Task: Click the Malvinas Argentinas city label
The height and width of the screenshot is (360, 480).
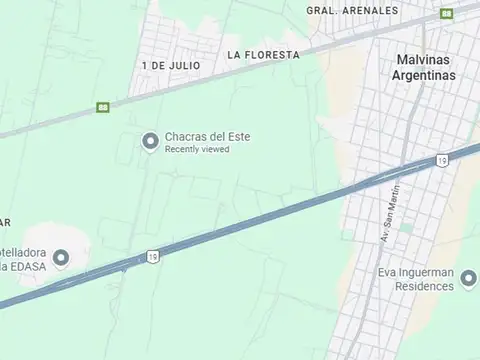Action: click(x=424, y=67)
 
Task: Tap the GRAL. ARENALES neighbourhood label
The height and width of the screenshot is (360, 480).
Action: click(x=352, y=10)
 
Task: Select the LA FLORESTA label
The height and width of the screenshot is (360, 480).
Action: click(x=263, y=54)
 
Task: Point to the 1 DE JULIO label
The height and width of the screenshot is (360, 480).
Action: click(x=171, y=65)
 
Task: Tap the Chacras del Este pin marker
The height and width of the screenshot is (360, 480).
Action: click(x=151, y=141)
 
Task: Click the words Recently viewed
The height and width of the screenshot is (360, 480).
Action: click(x=197, y=150)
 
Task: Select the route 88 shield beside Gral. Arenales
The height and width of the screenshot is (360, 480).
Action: click(x=446, y=13)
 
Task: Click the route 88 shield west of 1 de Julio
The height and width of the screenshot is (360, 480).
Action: click(x=102, y=107)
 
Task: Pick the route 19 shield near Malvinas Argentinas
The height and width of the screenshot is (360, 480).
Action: click(x=441, y=160)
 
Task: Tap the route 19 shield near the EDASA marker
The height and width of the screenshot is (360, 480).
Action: click(x=152, y=256)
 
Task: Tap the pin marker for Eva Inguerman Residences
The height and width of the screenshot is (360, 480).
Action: click(x=470, y=284)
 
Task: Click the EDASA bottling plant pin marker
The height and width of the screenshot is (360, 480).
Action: click(x=61, y=258)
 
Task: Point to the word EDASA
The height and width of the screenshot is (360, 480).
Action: click(x=29, y=266)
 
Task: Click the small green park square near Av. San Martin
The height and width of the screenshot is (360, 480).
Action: click(x=407, y=228)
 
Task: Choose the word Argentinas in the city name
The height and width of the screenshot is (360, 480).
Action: click(x=424, y=75)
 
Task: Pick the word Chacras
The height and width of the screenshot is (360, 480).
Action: click(x=185, y=137)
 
